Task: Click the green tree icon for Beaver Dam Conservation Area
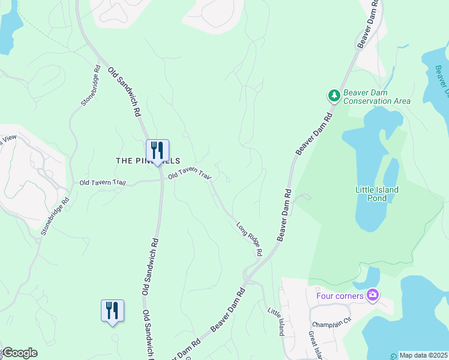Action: point(334,95)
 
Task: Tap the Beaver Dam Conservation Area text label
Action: point(377,97)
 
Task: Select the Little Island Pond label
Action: point(377,194)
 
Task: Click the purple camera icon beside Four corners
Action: point(373,295)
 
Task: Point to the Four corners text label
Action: point(340,296)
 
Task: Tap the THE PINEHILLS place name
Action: point(139,161)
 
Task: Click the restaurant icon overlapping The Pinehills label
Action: point(157,151)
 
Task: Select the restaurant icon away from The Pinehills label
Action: point(112,311)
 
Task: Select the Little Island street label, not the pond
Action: point(276,322)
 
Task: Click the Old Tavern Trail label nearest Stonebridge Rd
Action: point(103,182)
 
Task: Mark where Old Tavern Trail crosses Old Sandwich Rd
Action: point(161,179)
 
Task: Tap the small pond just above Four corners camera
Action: point(367,278)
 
